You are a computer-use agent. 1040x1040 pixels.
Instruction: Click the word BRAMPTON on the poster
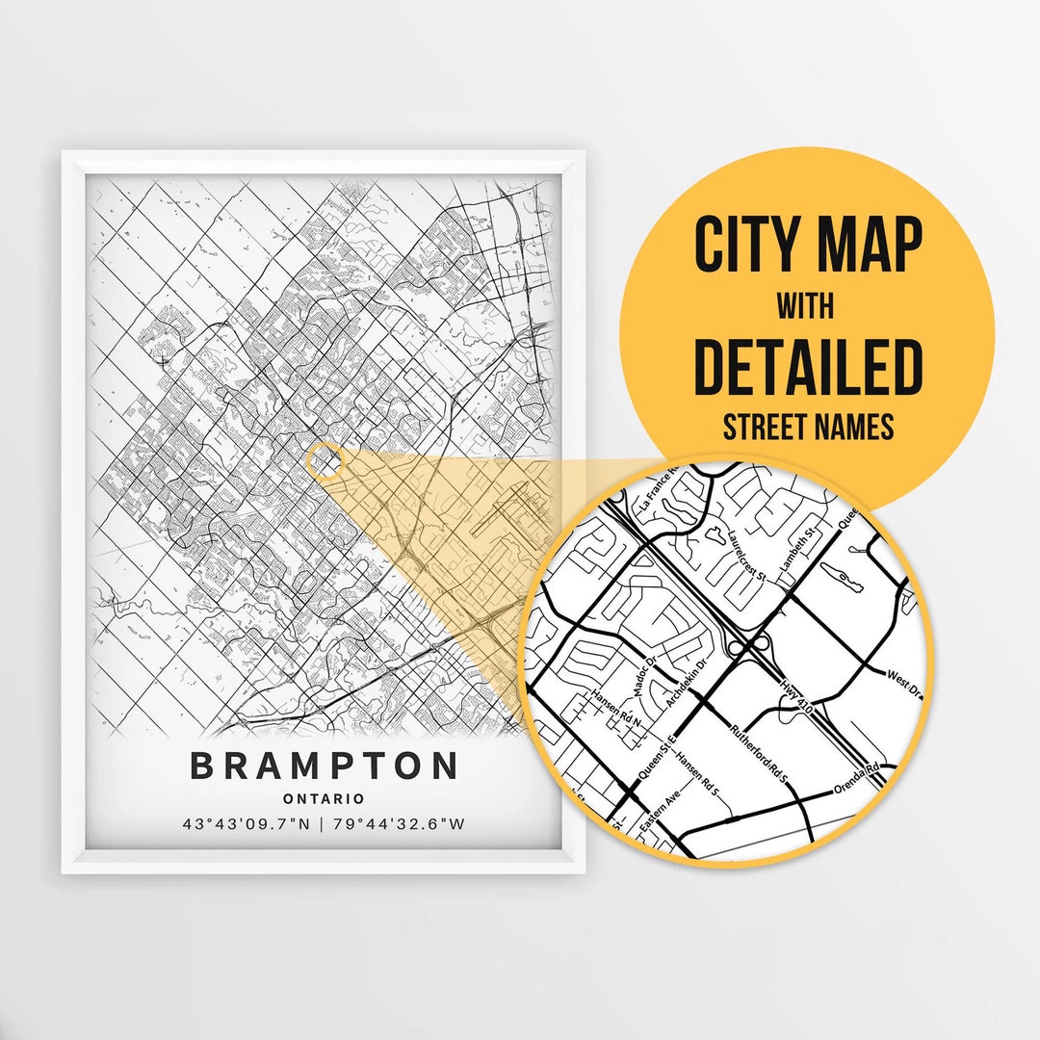coord(324,767)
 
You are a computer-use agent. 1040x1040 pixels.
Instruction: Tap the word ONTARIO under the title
coord(324,798)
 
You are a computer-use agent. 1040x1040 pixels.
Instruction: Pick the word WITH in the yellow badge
coord(806,306)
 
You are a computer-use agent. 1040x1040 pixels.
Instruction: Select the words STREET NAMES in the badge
coord(807,426)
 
